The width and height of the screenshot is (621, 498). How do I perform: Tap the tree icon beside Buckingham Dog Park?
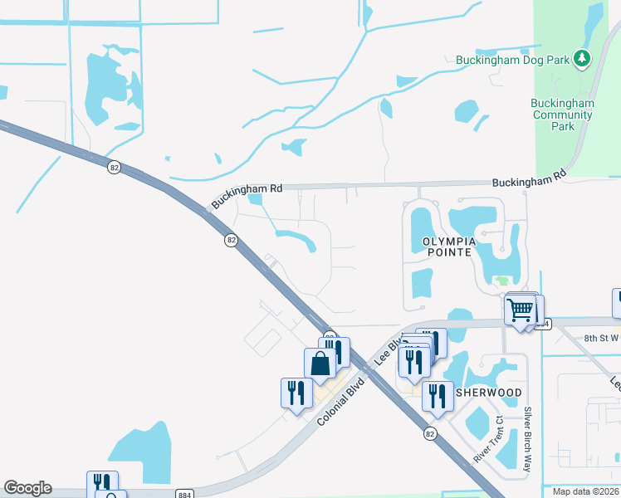tap(584, 58)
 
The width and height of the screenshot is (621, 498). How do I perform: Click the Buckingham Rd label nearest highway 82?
tap(247, 196)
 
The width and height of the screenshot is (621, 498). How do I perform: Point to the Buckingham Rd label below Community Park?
tap(529, 178)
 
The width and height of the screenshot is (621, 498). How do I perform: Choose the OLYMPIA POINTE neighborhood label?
tap(448, 247)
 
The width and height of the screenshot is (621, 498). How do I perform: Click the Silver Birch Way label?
tap(528, 440)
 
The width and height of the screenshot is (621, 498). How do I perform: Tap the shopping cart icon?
tap(521, 311)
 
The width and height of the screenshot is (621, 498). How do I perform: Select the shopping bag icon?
tap(320, 364)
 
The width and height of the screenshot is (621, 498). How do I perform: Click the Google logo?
tap(27, 488)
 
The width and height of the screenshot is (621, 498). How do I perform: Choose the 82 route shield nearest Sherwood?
tap(429, 433)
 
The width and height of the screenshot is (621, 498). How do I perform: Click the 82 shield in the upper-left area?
tap(115, 168)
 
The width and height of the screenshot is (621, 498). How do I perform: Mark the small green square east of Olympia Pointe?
tap(503, 280)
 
